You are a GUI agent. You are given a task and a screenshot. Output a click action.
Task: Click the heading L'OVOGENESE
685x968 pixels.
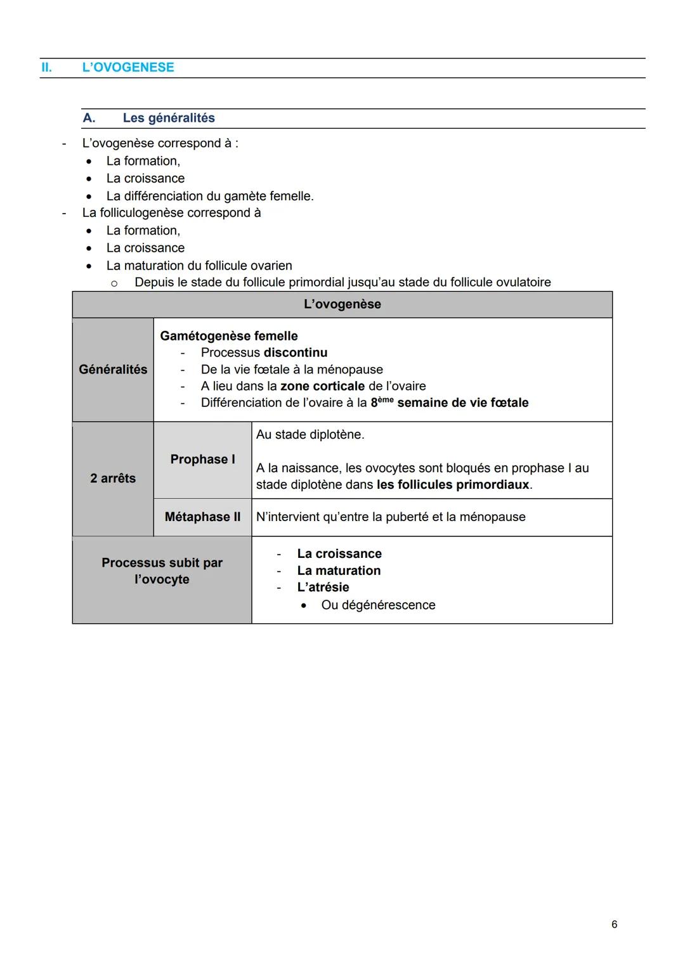pyautogui.click(x=127, y=67)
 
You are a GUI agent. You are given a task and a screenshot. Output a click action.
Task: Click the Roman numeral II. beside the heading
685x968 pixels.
pyautogui.click(x=46, y=67)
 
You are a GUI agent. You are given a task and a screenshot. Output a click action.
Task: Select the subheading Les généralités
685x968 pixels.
pyautogui.click(x=169, y=118)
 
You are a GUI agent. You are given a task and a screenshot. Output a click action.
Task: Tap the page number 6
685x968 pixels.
pyautogui.click(x=614, y=924)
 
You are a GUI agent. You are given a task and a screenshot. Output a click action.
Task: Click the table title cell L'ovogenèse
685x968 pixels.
pyautogui.click(x=342, y=304)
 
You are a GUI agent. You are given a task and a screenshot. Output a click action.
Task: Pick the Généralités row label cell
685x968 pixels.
pyautogui.click(x=113, y=370)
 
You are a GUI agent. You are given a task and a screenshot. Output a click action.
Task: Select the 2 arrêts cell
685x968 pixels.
pyautogui.click(x=113, y=479)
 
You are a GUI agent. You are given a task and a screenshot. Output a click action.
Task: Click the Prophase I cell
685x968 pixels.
pyautogui.click(x=202, y=460)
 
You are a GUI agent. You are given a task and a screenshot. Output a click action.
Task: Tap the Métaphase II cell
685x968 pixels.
pyautogui.click(x=202, y=517)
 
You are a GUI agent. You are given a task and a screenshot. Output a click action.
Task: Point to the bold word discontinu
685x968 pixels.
pyautogui.click(x=296, y=352)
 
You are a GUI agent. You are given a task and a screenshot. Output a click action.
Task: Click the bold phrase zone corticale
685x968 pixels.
pyautogui.click(x=322, y=386)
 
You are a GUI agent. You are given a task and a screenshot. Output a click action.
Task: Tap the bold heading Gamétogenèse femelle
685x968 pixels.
pyautogui.click(x=228, y=336)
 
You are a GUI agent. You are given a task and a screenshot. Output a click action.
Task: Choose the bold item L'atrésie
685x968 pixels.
pyautogui.click(x=323, y=587)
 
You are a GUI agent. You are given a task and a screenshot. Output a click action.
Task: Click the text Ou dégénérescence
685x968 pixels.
pyautogui.click(x=378, y=605)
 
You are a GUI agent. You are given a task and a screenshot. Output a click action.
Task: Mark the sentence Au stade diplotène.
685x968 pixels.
pyautogui.click(x=310, y=435)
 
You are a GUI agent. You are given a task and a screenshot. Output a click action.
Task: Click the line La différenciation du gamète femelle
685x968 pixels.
pyautogui.click(x=210, y=196)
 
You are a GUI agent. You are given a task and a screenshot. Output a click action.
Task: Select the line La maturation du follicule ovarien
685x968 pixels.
pyautogui.click(x=199, y=266)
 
